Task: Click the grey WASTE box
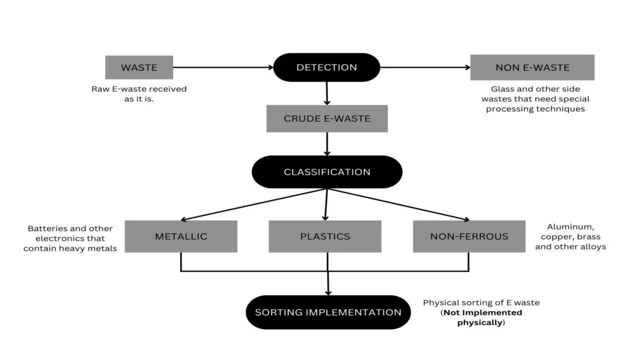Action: click(139, 67)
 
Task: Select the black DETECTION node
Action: click(327, 67)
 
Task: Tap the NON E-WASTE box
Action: click(532, 67)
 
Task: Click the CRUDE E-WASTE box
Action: click(327, 119)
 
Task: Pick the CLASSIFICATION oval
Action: click(327, 172)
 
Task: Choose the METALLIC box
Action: click(181, 236)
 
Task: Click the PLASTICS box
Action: click(325, 236)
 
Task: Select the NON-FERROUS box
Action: click(469, 236)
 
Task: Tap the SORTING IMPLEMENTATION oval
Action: click(328, 312)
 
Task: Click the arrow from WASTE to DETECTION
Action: click(222, 67)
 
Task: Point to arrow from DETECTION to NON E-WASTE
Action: click(425, 67)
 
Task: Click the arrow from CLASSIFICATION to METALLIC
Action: click(253, 204)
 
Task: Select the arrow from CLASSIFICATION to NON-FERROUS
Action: click(398, 204)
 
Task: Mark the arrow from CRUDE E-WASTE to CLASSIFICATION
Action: click(327, 144)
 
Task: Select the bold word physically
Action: click(480, 322)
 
